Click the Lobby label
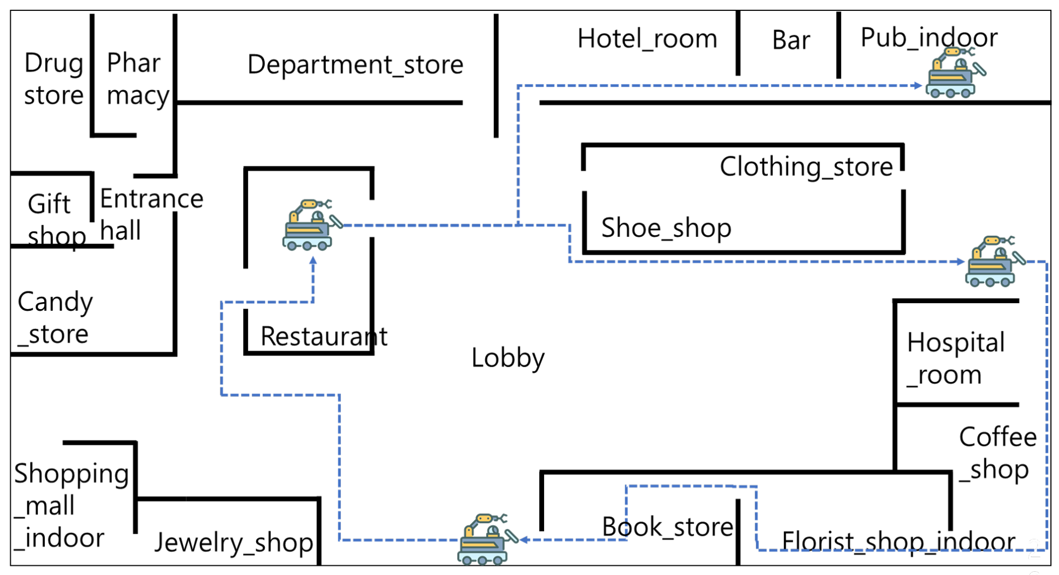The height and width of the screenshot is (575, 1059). [x=507, y=358]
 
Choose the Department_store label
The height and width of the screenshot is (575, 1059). [x=355, y=65]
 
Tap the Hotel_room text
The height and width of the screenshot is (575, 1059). [x=647, y=39]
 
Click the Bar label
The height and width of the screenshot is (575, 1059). [x=790, y=40]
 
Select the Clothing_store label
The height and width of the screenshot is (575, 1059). [x=806, y=166]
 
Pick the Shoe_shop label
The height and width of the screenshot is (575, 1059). [x=666, y=228]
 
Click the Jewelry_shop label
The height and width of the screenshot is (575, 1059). [x=233, y=542]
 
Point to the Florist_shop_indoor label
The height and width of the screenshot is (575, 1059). [x=898, y=541]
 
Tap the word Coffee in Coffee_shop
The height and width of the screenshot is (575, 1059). [x=997, y=437]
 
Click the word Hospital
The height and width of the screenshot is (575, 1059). [x=955, y=343]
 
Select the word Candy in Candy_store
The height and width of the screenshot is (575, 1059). [x=55, y=302]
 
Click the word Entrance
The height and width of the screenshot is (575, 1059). [x=151, y=199]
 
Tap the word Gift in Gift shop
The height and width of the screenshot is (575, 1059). [x=49, y=204]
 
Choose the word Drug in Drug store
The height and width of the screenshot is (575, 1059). [x=53, y=63]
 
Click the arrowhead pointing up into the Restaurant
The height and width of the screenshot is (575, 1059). [x=313, y=261]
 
